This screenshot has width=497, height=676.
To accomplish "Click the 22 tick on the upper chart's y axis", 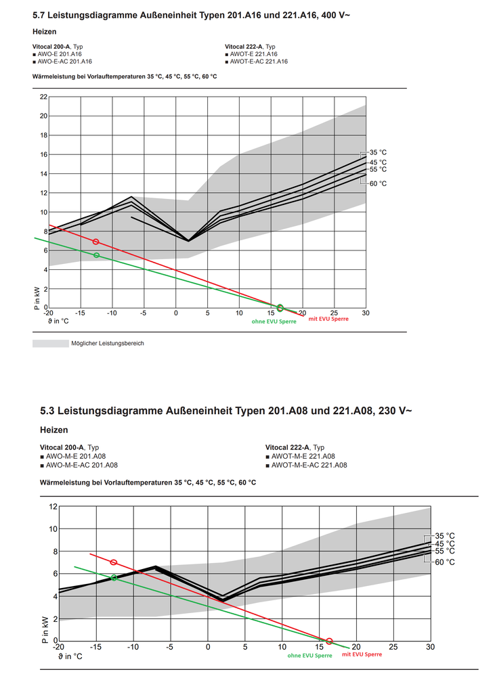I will (44, 97).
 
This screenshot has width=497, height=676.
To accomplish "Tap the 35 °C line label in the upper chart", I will (378, 153).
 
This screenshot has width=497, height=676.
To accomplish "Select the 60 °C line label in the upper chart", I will (378, 183).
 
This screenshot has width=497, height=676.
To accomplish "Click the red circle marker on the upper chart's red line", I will (95, 242).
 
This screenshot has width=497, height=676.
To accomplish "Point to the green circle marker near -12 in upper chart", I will (96, 255).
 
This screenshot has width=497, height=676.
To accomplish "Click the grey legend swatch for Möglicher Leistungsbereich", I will (49, 343).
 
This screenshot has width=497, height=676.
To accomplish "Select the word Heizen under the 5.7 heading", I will (44, 31).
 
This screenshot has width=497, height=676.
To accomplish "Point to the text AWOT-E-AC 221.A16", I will (259, 62).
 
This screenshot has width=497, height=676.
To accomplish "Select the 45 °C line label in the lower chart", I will (445, 543).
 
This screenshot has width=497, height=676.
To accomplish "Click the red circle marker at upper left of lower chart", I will (114, 562).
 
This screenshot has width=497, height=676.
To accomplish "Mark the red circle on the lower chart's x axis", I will (330, 641).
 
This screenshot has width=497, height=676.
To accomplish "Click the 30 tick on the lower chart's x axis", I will (430, 648).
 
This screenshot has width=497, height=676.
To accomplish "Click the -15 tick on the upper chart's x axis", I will (80, 313).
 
